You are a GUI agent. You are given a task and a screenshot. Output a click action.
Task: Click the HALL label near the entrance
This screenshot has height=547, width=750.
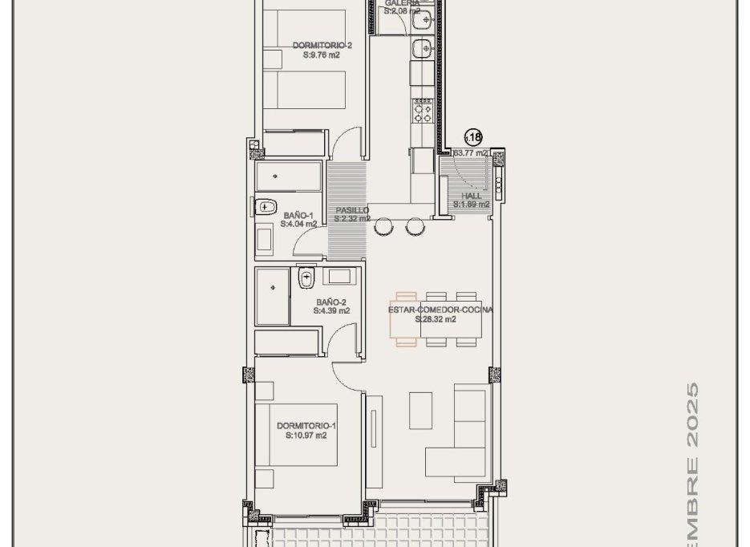tap(471, 195)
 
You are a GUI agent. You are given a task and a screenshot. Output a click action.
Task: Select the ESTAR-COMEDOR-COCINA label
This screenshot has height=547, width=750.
tap(440, 310)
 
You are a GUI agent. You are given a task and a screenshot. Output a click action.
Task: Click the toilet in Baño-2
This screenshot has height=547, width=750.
tap(306, 280)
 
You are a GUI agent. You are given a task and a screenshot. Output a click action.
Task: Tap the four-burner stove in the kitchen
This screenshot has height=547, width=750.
tap(422, 109)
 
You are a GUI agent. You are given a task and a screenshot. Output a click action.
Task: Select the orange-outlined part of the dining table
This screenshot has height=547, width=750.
tap(405, 318)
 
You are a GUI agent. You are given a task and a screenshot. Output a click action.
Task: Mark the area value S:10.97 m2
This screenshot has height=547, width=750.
tap(306, 436)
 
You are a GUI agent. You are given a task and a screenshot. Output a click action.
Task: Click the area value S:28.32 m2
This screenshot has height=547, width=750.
tap(436, 319)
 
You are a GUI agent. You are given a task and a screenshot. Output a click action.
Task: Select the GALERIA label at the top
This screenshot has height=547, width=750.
tap(402, 3)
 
